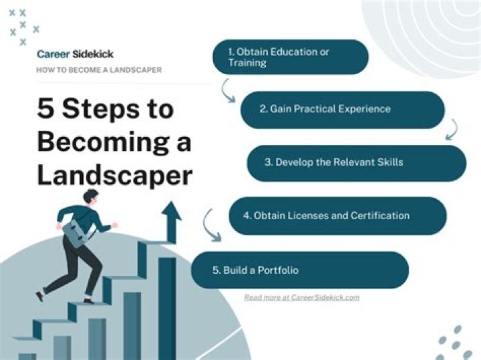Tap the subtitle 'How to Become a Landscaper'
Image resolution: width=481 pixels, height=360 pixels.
pyautogui.click(x=98, y=69)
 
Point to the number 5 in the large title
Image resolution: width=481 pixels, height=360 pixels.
pyautogui.click(x=46, y=109)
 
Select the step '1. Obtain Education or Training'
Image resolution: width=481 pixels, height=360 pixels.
pyautogui.click(x=290, y=57)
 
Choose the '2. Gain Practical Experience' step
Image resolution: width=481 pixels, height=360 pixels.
pyautogui.click(x=342, y=109)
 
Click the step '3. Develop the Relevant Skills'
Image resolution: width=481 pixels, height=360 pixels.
pyautogui.click(x=356, y=162)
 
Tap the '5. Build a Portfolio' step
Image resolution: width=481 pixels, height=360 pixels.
pyautogui.click(x=299, y=270)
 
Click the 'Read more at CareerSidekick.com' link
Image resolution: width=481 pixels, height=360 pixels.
pyautogui.click(x=301, y=297)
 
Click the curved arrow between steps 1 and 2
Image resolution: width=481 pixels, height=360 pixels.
pyautogui.click(x=228, y=89)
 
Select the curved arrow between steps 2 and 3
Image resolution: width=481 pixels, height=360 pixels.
pyautogui.click(x=452, y=128)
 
